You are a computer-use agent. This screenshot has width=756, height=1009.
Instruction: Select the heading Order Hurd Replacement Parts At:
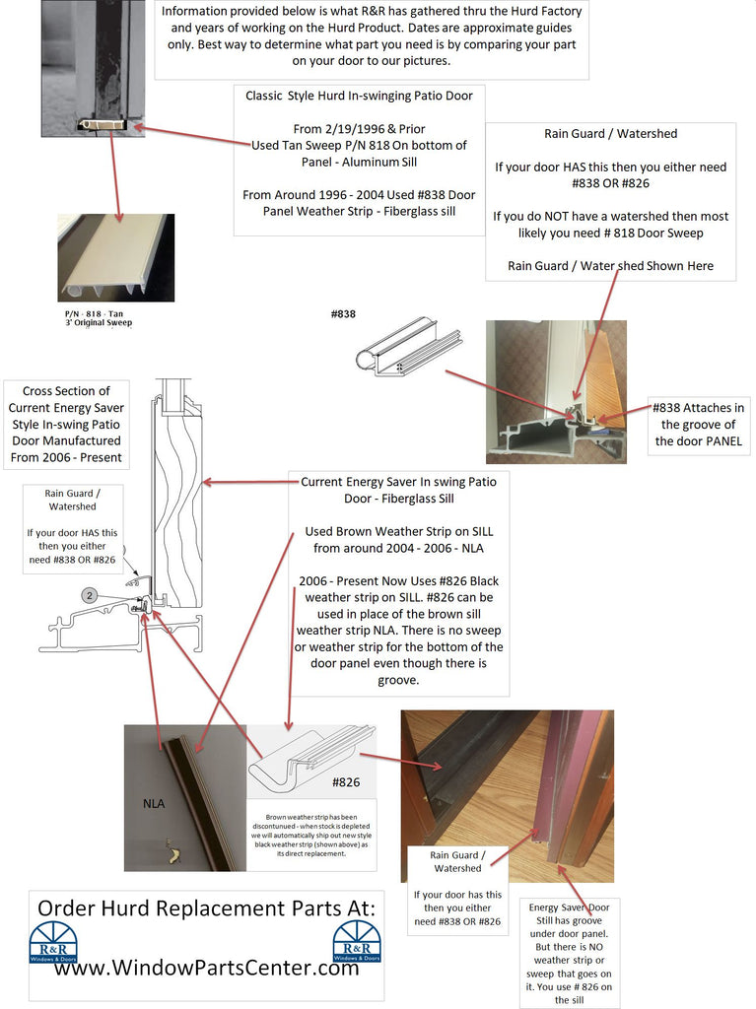(206, 908)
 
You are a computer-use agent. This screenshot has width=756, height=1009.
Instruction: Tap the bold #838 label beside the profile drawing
(343, 314)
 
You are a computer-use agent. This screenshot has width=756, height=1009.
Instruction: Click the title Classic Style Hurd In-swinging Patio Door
(359, 96)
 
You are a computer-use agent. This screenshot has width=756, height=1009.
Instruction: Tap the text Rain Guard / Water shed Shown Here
(610, 265)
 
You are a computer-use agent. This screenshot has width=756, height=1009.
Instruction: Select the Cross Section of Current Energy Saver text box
(65, 424)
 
